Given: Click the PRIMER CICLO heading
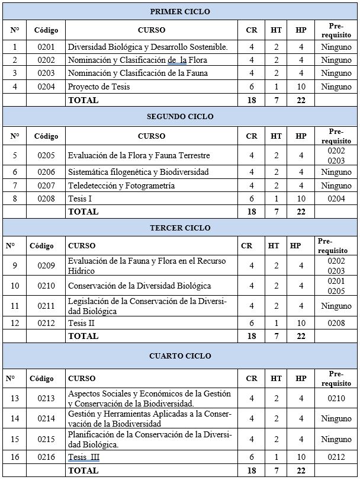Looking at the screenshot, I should [180, 12].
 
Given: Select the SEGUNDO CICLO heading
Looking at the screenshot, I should [180, 117].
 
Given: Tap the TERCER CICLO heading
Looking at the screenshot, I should [180, 228].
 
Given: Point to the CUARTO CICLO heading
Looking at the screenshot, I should [180, 356].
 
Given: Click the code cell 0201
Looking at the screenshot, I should [46, 47].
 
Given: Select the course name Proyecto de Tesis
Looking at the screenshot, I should [99, 87].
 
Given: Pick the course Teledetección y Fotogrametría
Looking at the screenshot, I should [121, 185].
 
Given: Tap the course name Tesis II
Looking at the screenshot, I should [82, 323].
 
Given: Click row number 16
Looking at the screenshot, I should [15, 457].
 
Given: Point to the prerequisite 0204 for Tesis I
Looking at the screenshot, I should [336, 199].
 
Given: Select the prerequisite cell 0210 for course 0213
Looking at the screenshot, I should [336, 398].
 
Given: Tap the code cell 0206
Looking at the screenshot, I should [46, 172].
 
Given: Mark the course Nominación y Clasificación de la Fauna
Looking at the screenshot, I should [137, 73].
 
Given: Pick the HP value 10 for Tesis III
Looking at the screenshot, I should [301, 457].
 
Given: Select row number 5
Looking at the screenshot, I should [15, 155].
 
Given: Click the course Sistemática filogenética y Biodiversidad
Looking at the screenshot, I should [138, 172].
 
